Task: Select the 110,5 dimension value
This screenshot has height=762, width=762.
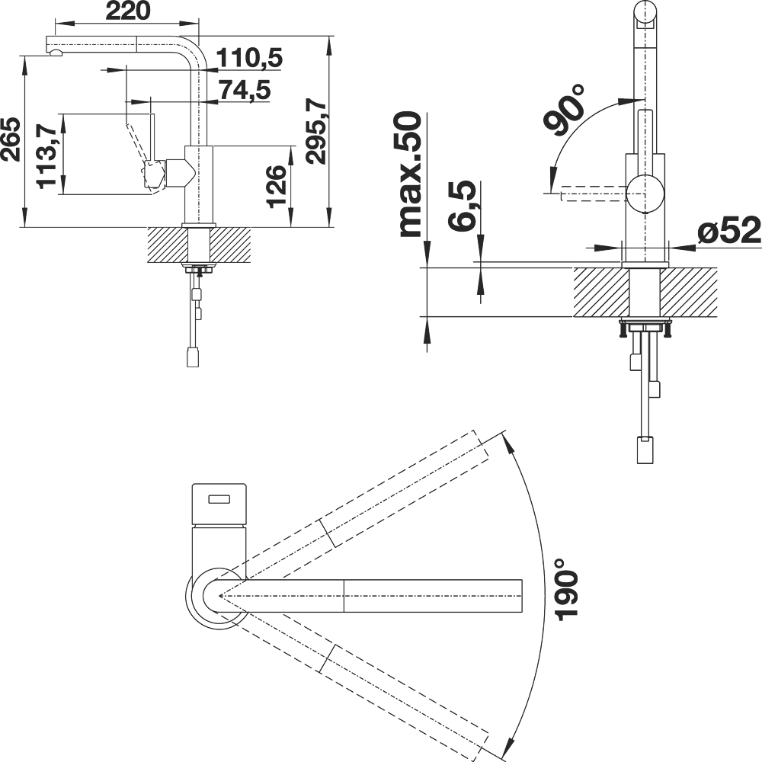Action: tap(249, 59)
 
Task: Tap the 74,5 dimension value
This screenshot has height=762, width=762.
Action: tap(245, 91)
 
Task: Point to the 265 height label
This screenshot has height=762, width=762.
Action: tap(11, 139)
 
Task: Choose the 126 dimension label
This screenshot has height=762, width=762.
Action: tap(278, 186)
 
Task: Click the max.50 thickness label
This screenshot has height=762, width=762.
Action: tap(409, 174)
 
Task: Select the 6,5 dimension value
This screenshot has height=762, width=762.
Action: tap(461, 205)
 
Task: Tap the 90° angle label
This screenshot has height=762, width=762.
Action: tap(565, 110)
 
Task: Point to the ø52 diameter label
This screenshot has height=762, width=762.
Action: tap(729, 231)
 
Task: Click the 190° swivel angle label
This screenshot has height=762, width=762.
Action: tap(567, 589)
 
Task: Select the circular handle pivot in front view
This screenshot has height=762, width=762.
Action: tap(645, 193)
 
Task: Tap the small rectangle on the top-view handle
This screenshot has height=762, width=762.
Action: tap(221, 499)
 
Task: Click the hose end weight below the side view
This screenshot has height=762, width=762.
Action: tap(194, 357)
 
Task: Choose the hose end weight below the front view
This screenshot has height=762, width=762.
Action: tap(645, 450)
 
